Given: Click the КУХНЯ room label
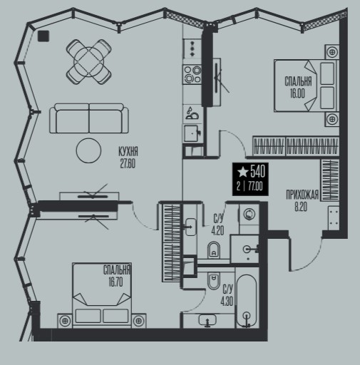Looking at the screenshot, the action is click(x=128, y=151).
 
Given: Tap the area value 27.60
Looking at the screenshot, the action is click(x=128, y=164).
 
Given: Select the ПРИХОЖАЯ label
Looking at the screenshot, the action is click(x=302, y=195).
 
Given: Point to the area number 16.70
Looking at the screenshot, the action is click(x=115, y=282).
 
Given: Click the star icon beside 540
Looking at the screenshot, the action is click(x=243, y=172).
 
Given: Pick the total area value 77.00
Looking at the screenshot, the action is click(x=255, y=187).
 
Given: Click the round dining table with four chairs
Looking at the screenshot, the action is click(x=89, y=61).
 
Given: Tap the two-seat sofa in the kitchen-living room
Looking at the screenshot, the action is click(x=89, y=118).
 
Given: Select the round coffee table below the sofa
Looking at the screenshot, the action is click(x=88, y=150).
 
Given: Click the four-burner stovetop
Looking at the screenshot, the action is click(x=192, y=74).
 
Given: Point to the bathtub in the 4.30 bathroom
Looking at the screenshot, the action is click(x=247, y=302).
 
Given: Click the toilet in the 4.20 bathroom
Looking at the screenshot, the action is click(x=214, y=250).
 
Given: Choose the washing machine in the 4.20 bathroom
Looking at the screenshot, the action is click(x=249, y=214).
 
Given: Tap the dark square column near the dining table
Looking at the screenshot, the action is click(x=43, y=36).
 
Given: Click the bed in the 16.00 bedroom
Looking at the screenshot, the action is click(x=306, y=86).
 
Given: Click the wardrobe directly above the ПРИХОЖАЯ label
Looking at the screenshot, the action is click(x=330, y=180).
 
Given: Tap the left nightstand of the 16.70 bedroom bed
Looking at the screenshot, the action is click(x=65, y=321).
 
